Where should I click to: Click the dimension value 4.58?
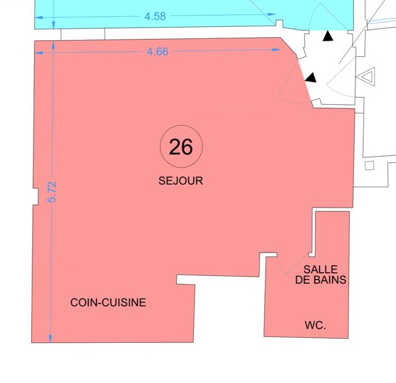point(155,16)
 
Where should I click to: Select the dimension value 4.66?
point(157,51)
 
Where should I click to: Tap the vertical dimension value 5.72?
point(52,192)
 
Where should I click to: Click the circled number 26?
point(181,147)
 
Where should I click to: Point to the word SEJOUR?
point(181,181)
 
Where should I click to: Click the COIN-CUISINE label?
point(108,302)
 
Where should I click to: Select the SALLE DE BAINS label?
point(321,275)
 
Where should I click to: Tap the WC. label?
point(315,325)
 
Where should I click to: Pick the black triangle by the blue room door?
point(328,36)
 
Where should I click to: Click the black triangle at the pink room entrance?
point(311,78)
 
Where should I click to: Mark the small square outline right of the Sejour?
point(370,166)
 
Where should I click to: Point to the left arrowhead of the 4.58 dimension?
point(39,17)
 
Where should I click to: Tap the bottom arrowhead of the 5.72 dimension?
point(50,339)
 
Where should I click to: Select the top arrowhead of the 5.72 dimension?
point(53,45)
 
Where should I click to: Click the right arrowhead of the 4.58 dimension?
point(272,14)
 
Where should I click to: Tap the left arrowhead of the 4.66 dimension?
point(39,53)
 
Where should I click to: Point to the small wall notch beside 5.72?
point(36,196)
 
